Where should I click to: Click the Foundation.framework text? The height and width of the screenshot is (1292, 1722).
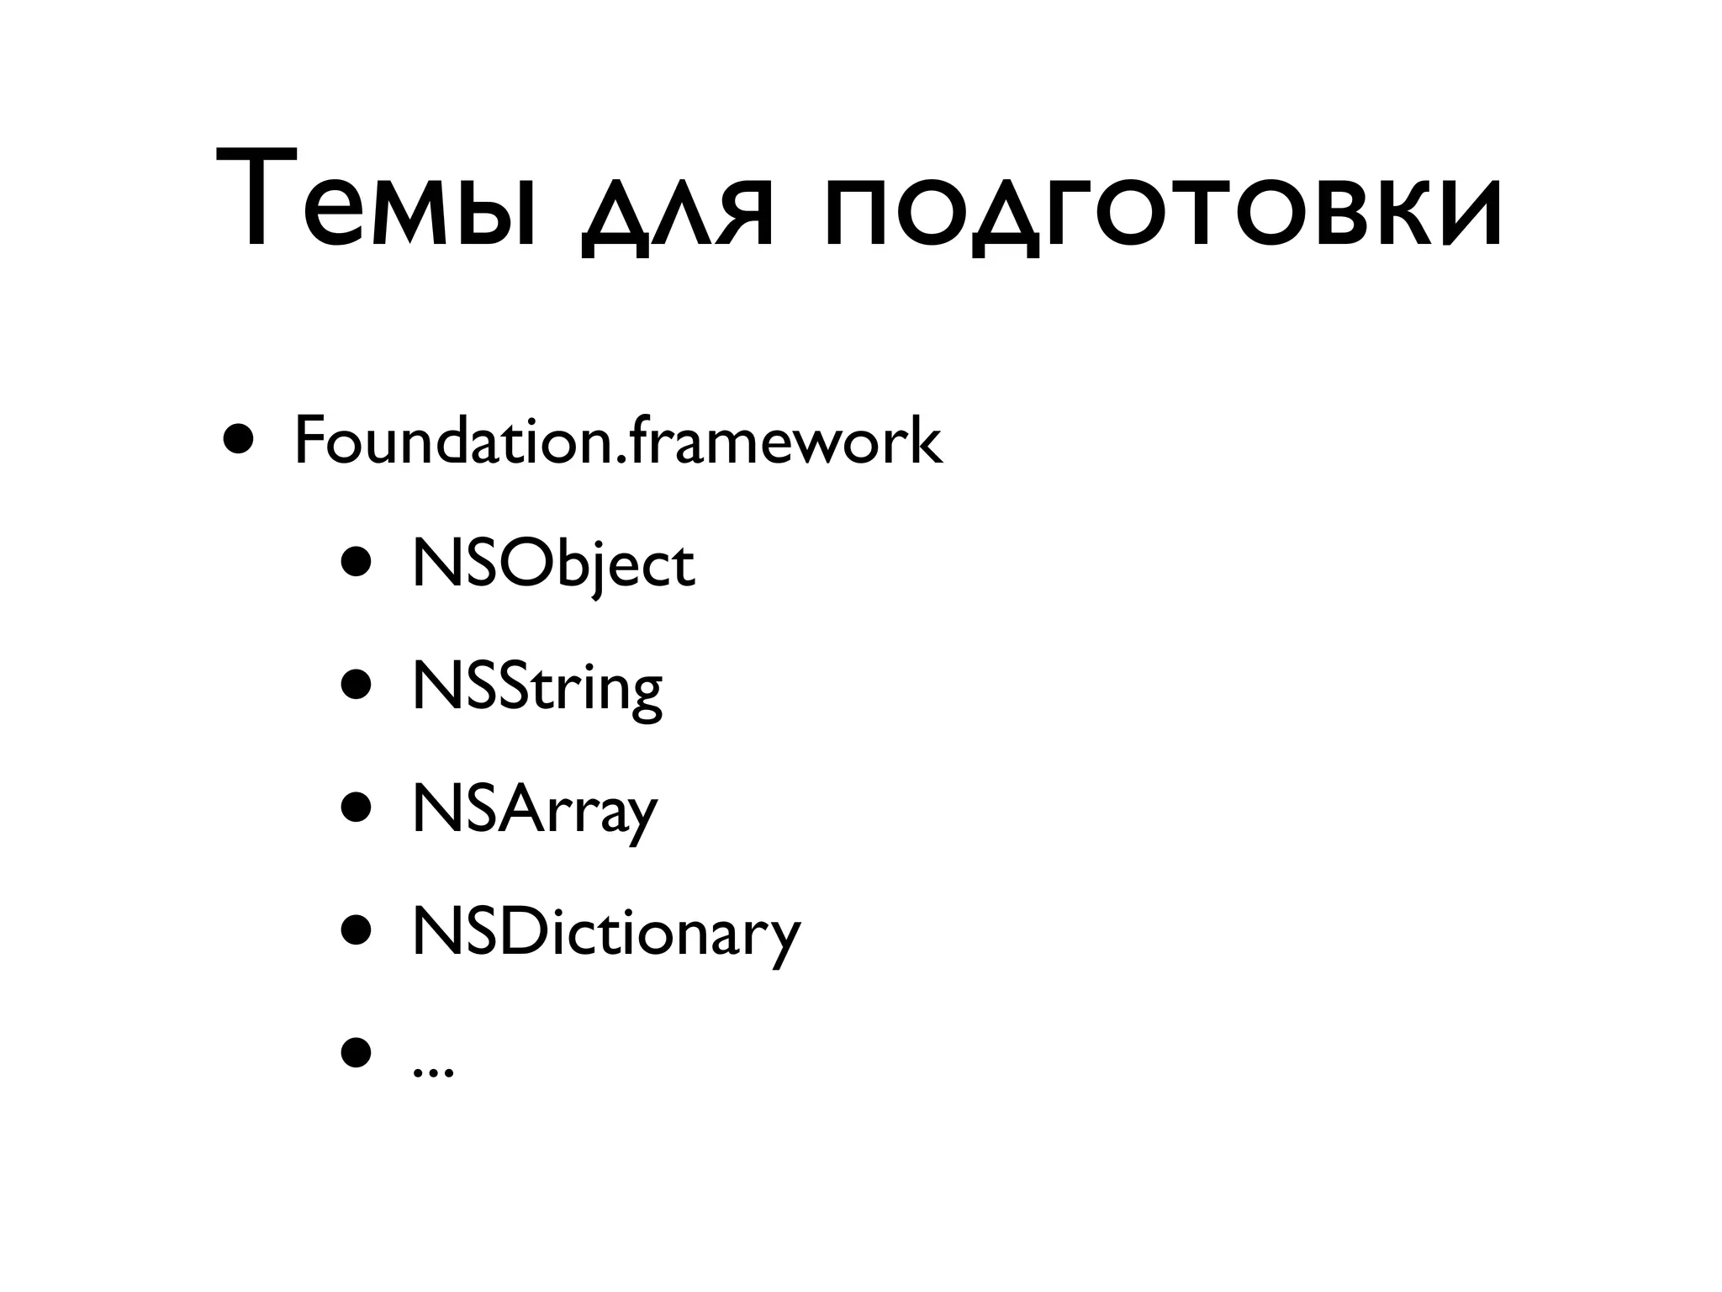[x=618, y=441]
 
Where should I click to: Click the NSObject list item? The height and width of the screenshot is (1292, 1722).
[x=552, y=565]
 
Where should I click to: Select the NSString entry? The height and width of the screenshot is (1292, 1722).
[x=536, y=689]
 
